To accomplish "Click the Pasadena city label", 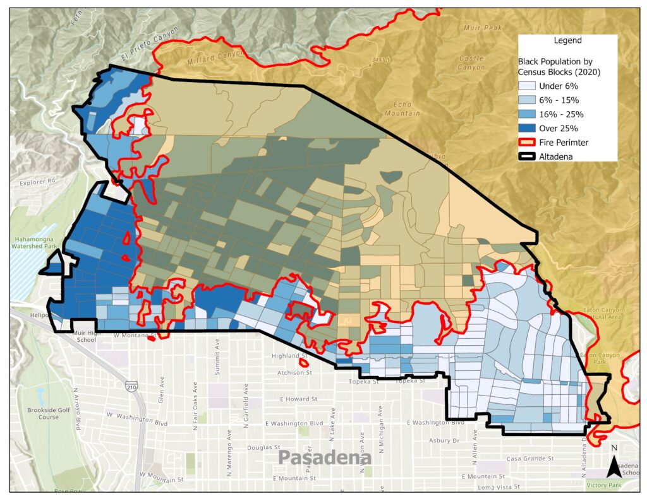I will point(324,457).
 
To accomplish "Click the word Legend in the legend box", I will point(567,40).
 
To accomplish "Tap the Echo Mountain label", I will point(402,109).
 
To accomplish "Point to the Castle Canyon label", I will point(471,62).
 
